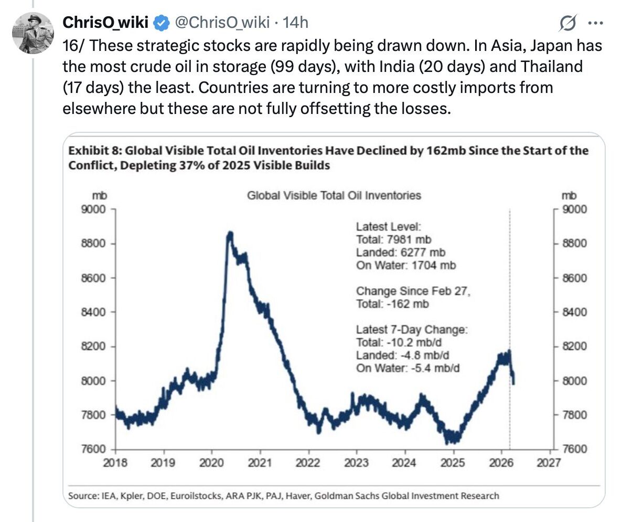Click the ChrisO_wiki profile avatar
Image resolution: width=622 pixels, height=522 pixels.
pos(33,33)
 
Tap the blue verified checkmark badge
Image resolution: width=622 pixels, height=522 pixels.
pos(162,23)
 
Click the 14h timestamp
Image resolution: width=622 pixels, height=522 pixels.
pos(295,23)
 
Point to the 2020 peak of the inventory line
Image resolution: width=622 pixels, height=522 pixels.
pos(230,235)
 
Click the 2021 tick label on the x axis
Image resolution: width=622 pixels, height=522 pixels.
pos(260,463)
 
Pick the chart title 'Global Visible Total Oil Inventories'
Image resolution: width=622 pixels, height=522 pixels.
pos(334,195)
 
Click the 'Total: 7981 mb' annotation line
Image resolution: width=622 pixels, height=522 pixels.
pos(393,240)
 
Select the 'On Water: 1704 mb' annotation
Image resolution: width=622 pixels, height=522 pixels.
pos(406,265)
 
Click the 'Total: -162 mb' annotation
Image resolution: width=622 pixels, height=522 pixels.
pos(392,304)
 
